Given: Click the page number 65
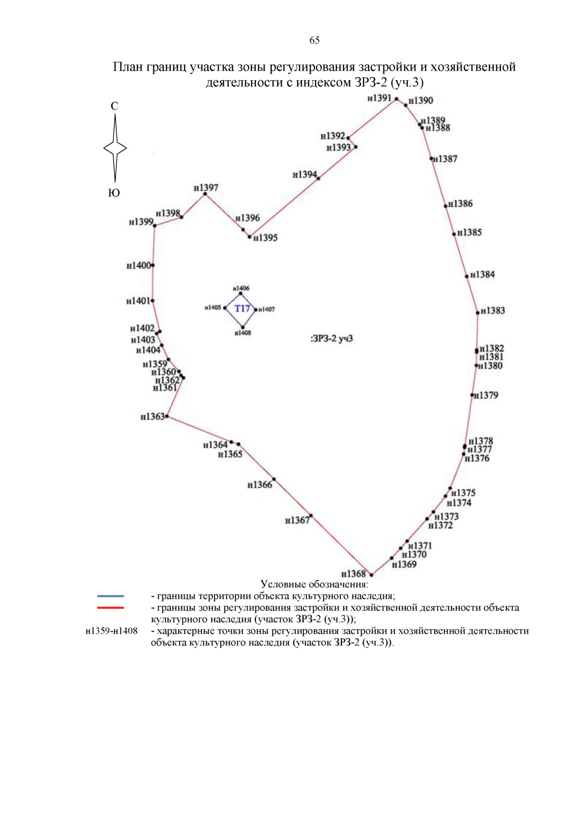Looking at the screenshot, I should tap(314, 40).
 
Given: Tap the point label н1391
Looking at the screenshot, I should tap(379, 98).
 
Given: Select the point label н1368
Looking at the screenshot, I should tap(353, 574).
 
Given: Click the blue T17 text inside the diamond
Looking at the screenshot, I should tap(242, 308).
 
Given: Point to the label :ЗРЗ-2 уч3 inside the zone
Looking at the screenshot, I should tap(332, 339).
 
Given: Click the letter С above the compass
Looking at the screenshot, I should tap(114, 106).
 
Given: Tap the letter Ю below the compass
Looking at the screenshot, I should tap(114, 193).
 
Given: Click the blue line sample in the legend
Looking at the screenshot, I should tap(111, 596).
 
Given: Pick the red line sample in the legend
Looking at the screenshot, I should tap(111, 608).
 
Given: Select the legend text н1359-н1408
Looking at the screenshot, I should tap(112, 631).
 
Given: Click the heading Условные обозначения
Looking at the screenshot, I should tap(314, 584).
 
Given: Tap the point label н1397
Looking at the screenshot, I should tap(206, 187).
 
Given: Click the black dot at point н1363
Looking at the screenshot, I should tap(167, 416).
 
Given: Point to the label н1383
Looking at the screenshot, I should tap(493, 311).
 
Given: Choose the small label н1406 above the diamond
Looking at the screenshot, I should tap(241, 288).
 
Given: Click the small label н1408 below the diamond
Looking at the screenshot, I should tap(243, 333).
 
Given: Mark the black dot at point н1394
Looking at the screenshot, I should tap(318, 178).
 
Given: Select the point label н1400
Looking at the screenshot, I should tap(138, 266).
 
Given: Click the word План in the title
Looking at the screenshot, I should tap(128, 67).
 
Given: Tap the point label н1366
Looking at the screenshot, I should tap(260, 485).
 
